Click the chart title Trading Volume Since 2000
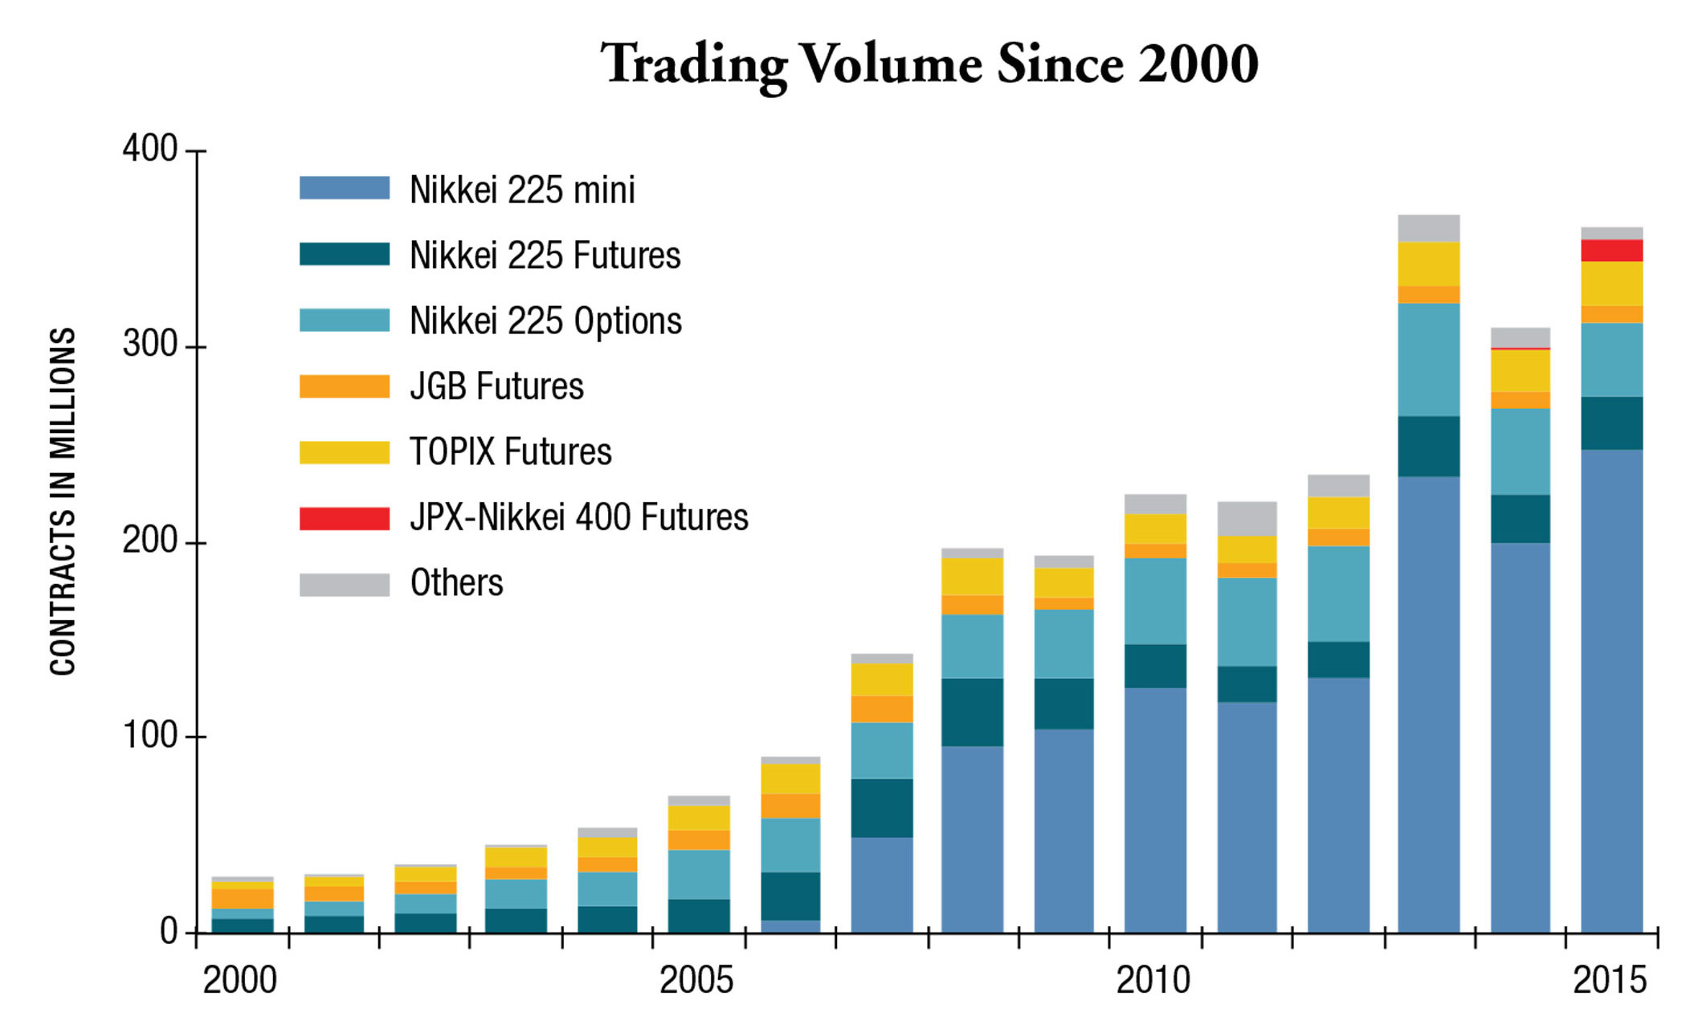click(929, 64)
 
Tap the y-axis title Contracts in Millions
click(63, 501)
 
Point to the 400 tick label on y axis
click(149, 149)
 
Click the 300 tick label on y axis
click(149, 345)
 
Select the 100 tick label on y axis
click(149, 736)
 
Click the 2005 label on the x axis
click(696, 981)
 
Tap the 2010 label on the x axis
click(1153, 981)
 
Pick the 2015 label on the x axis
click(1609, 981)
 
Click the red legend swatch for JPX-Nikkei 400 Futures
click(344, 518)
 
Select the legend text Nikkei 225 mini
click(522, 190)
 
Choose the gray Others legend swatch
click(344, 584)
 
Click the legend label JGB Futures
click(496, 386)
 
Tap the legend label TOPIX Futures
click(510, 452)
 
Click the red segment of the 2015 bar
click(1611, 251)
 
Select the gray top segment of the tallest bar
click(1428, 228)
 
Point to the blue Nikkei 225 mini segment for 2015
click(1611, 691)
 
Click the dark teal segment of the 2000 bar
click(243, 925)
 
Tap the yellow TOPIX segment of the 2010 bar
click(1155, 529)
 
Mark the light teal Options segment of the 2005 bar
click(699, 874)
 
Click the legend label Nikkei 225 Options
click(545, 321)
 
